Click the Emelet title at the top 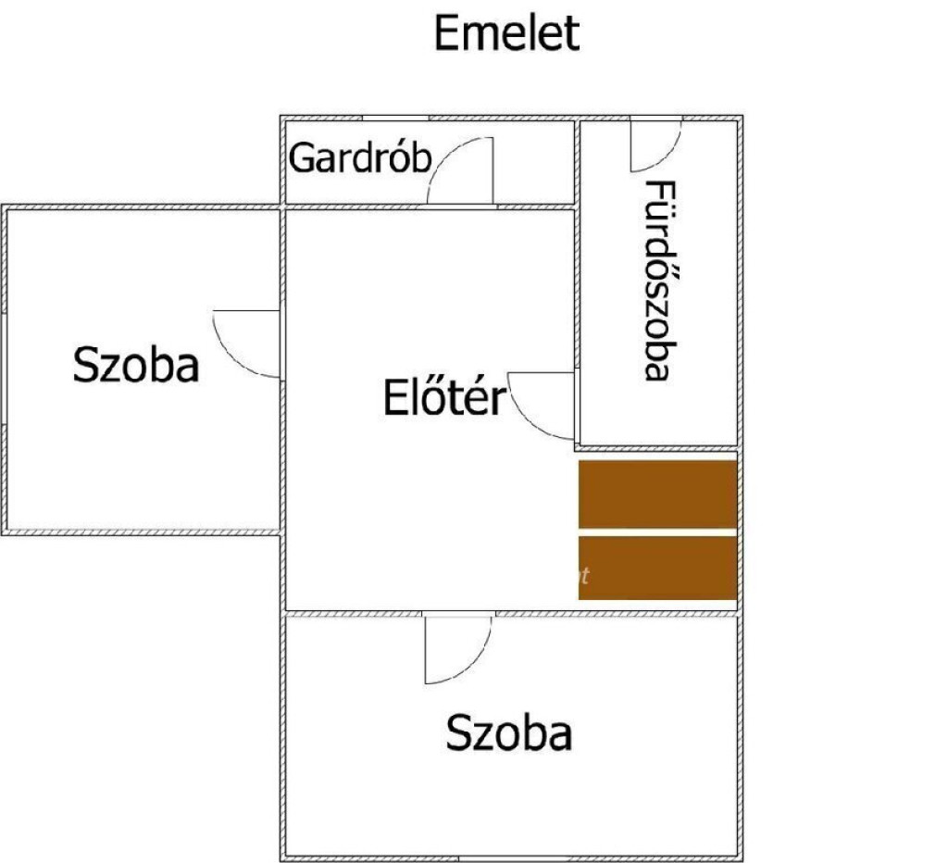pyautogui.click(x=506, y=34)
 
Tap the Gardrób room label pyautogui.click(x=360, y=157)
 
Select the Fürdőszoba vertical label pyautogui.click(x=659, y=281)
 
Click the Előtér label pyautogui.click(x=444, y=397)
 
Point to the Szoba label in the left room pyautogui.click(x=136, y=365)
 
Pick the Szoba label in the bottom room pyautogui.click(x=509, y=732)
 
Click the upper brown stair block pyautogui.click(x=658, y=494)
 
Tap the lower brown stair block pyautogui.click(x=658, y=568)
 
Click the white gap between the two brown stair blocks pyautogui.click(x=658, y=532)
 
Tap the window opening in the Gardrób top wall pyautogui.click(x=395, y=118)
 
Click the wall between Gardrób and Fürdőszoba pyautogui.click(x=578, y=163)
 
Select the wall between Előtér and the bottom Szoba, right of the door pyautogui.click(x=617, y=614)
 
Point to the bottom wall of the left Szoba pyautogui.click(x=142, y=532)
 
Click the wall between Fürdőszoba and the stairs pyautogui.click(x=658, y=448)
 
